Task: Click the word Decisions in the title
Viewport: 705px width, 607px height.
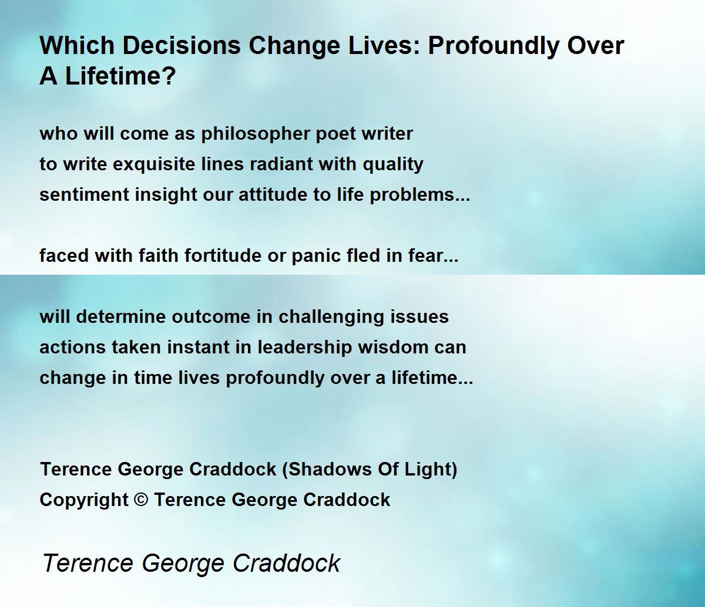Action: point(182,45)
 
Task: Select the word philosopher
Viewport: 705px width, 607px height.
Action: point(255,134)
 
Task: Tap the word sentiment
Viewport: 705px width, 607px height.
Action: point(84,195)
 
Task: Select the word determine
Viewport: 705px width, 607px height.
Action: point(121,316)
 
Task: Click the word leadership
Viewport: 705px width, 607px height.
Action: point(304,348)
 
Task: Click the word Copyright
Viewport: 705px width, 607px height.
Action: point(84,501)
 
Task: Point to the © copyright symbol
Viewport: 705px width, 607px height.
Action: point(141,500)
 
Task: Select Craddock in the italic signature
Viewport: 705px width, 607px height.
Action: point(287,563)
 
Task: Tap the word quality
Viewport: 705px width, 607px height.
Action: point(393,164)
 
